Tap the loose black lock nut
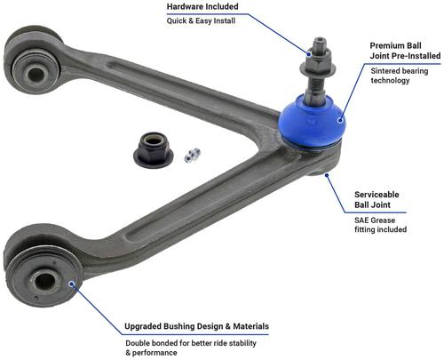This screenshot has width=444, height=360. click(154, 150)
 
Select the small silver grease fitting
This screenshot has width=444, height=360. click(192, 156)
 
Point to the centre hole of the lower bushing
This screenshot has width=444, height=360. click(45, 281)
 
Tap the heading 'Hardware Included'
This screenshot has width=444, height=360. click(202, 6)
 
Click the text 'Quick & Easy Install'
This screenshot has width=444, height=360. click(201, 21)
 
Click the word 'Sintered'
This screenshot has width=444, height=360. click(385, 71)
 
